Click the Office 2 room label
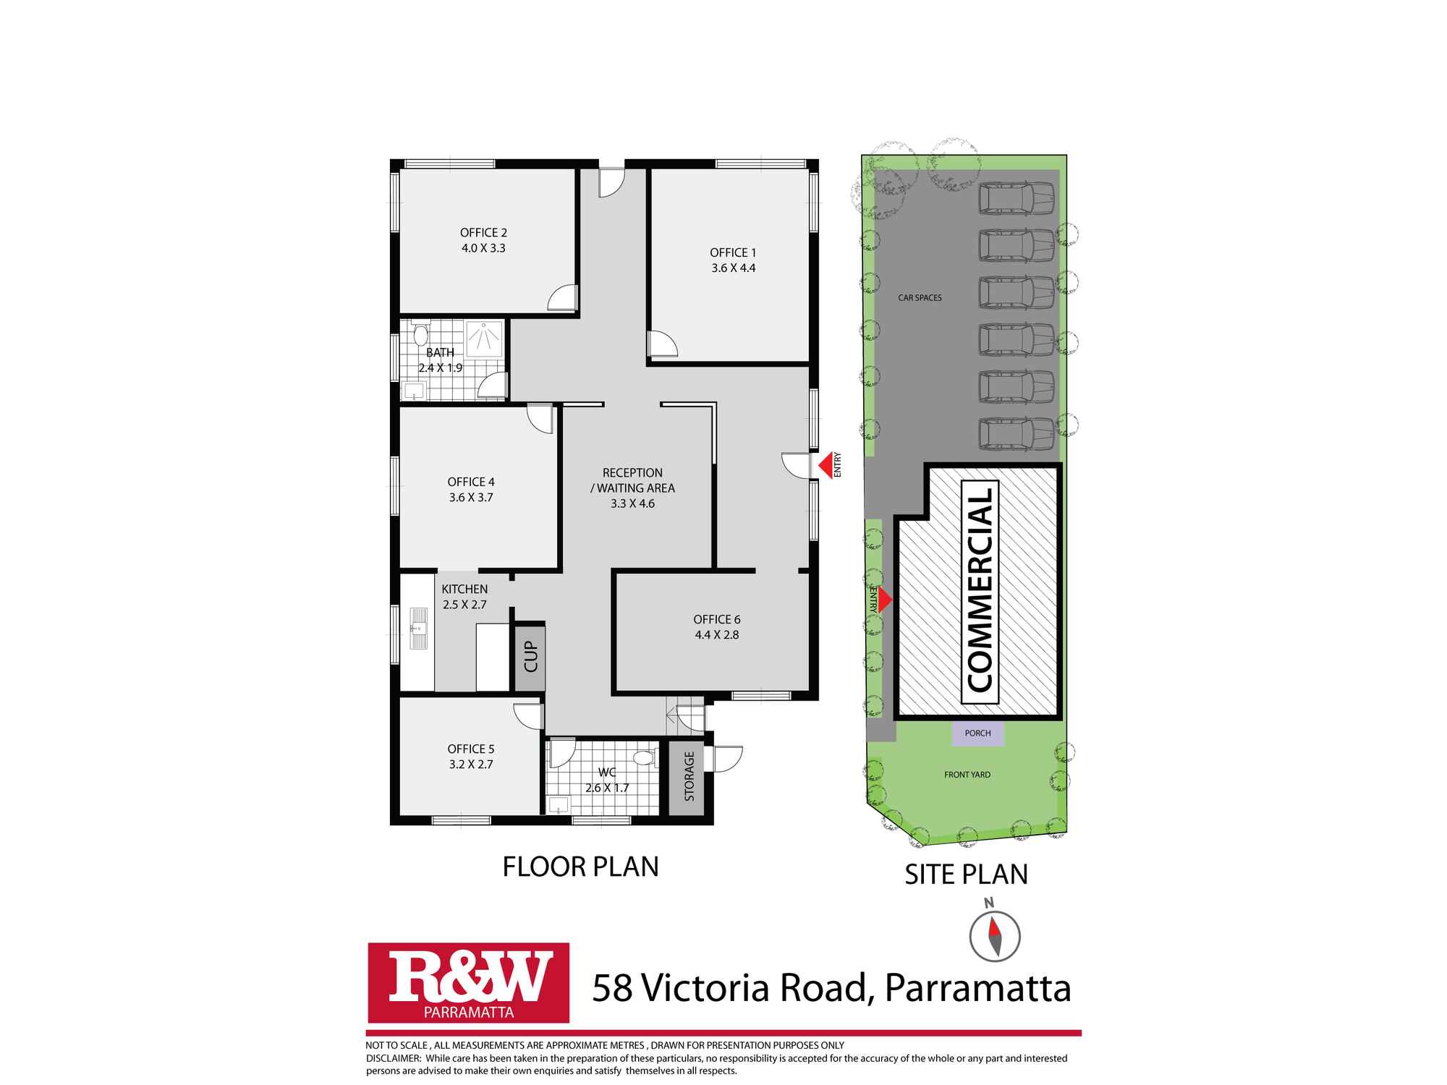click(x=483, y=233)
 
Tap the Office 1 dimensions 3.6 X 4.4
click(x=733, y=268)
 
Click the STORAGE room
click(x=689, y=777)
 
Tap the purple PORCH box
click(x=977, y=733)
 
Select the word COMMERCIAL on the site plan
click(x=980, y=590)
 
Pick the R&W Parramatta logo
click(x=469, y=982)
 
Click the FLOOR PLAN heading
click(x=580, y=867)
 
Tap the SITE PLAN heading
click(x=966, y=875)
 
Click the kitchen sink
click(x=417, y=627)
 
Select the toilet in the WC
click(x=642, y=758)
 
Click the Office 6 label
click(x=716, y=620)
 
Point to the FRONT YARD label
click(x=967, y=775)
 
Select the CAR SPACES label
click(x=920, y=298)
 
